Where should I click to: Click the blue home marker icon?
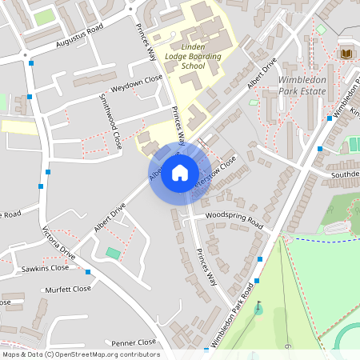(180, 172)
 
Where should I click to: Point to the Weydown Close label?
(136, 79)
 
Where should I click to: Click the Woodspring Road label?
(234, 217)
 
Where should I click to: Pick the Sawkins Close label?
(46, 268)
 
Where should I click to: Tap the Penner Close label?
(134, 342)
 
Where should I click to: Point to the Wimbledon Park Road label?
(237, 315)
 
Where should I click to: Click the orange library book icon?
(346, 53)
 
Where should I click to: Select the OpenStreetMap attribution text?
(81, 354)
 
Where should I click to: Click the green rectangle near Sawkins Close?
(114, 253)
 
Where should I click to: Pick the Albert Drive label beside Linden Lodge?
(262, 73)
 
